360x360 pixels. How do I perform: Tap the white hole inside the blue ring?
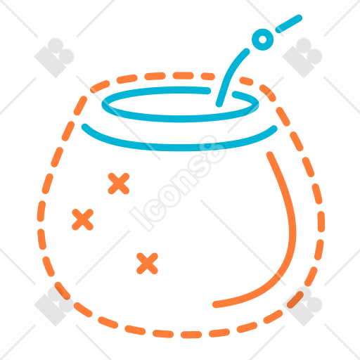pos(263,39)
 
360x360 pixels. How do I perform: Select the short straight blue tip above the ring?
pos(288,24)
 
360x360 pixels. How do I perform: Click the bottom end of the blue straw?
pos(219,104)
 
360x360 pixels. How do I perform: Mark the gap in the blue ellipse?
pos(221,92)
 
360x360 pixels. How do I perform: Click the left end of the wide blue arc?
pos(85,127)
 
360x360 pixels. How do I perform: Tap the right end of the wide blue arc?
pos(274,129)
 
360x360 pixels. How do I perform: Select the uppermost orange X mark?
pos(119,184)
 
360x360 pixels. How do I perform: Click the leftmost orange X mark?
pos(82,219)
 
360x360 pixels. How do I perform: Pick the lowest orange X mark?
pos(147,264)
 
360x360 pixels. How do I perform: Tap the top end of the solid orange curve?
pos(270,155)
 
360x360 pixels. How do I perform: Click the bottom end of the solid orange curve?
pos(216,304)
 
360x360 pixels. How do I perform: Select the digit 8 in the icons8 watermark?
pos(212,150)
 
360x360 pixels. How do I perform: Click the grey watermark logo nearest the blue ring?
pos(302,58)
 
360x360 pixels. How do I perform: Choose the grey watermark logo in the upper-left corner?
pos(54,58)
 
